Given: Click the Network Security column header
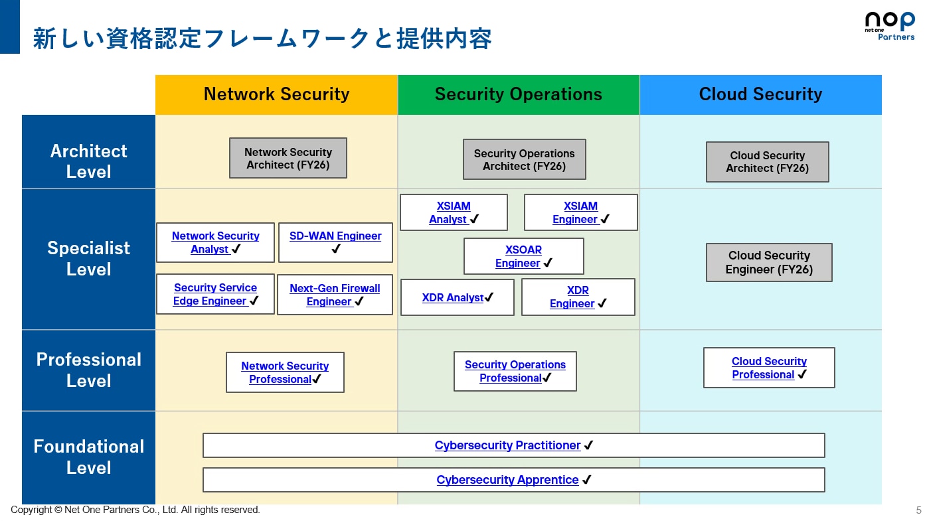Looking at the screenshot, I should click(276, 94).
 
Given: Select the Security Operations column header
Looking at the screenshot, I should click(518, 94).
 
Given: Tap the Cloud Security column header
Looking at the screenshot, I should click(760, 94).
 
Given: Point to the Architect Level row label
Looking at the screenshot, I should click(88, 161).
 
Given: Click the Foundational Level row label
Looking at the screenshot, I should click(88, 457).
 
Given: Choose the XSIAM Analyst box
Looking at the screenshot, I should click(454, 212).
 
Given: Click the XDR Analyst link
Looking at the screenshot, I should click(453, 297).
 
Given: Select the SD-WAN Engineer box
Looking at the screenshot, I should click(335, 242).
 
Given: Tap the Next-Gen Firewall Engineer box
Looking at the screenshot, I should click(335, 295).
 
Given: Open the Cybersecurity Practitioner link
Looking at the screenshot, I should click(507, 445).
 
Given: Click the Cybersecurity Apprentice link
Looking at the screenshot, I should click(507, 480).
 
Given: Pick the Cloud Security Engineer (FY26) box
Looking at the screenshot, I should click(769, 262).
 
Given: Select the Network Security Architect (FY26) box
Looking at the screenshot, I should click(288, 158).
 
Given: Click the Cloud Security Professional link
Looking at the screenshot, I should click(768, 368).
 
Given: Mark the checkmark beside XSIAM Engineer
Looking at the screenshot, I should click(605, 219).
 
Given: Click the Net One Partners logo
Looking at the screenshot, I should click(889, 26).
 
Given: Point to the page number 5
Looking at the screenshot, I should click(918, 510).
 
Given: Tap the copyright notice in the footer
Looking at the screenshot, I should click(135, 510).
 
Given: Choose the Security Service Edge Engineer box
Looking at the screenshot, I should click(215, 294).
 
